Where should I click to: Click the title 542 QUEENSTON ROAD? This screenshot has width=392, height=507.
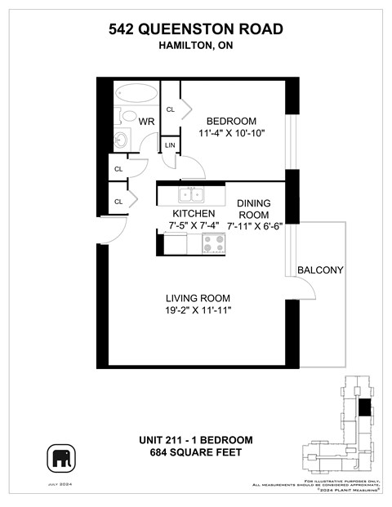click(196, 29)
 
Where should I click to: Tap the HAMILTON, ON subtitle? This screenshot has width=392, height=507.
click(196, 47)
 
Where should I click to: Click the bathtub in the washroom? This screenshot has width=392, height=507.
click(136, 92)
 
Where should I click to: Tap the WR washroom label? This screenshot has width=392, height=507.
click(147, 122)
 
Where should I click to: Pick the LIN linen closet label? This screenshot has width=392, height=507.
click(170, 145)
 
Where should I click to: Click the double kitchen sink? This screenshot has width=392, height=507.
click(192, 194)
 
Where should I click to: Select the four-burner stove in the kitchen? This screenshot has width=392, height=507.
click(214, 243)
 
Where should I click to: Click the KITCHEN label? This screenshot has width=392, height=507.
click(193, 213)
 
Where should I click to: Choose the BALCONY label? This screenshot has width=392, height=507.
click(320, 270)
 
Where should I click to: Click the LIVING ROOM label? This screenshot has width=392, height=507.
click(198, 298)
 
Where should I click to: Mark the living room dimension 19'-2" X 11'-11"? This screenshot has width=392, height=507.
click(198, 311)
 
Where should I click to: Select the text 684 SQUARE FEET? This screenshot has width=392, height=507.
click(196, 452)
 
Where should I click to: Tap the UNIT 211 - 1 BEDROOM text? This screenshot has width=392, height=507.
click(196, 440)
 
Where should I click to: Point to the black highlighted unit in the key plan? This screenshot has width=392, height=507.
click(363, 407)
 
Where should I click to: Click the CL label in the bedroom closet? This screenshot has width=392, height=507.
click(171, 109)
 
